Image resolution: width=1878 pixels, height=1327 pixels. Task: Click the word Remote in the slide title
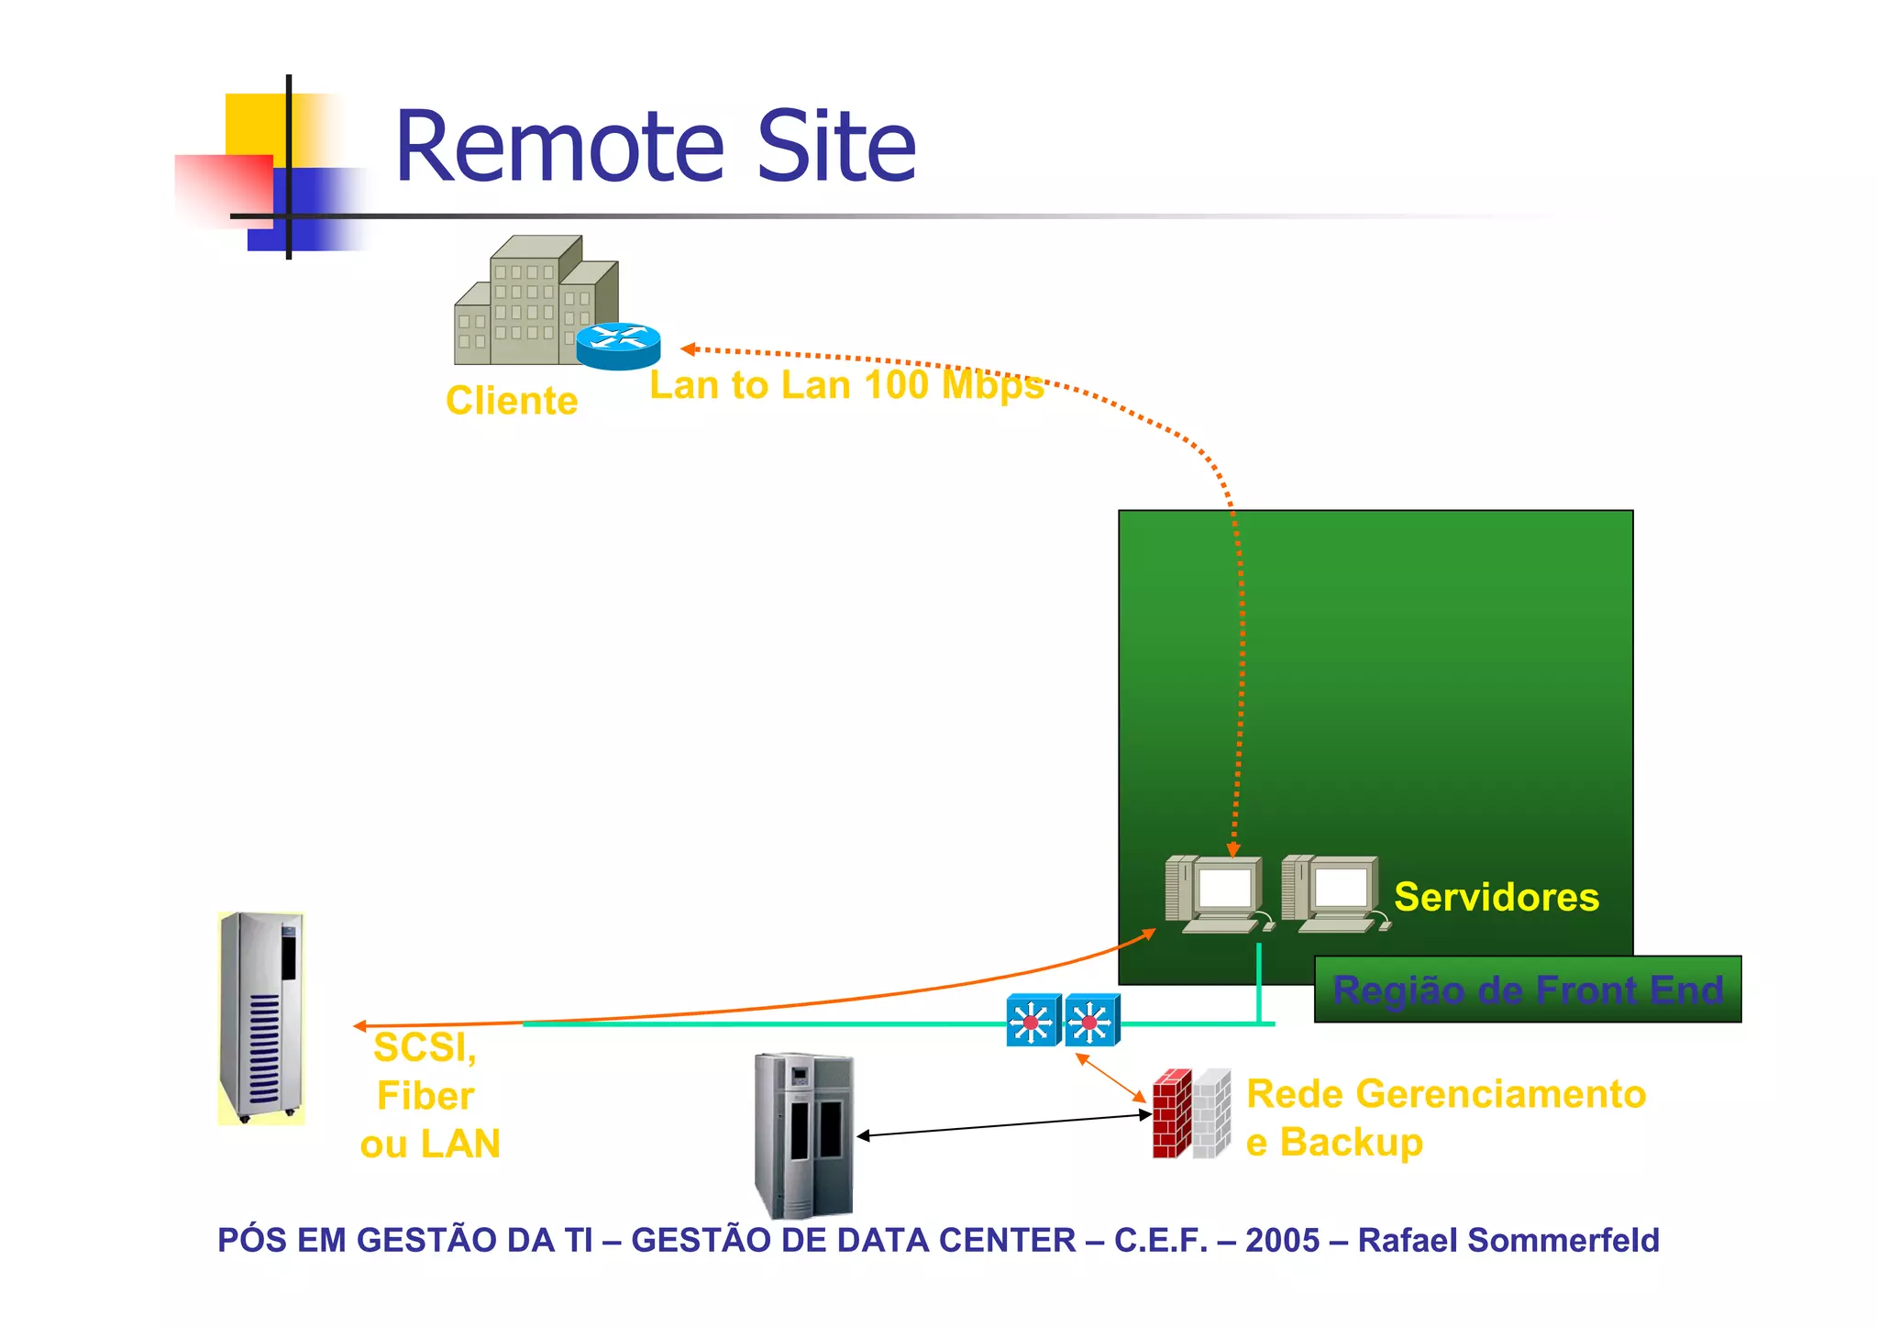(559, 147)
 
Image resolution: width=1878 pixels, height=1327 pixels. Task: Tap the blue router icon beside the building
(618, 346)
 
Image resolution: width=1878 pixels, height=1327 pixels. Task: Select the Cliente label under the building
(512, 401)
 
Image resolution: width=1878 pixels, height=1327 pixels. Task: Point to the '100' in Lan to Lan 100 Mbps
(896, 385)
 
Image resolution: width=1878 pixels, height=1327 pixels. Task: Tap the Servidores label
(1497, 897)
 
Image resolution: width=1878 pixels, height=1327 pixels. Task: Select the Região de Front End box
(1528, 990)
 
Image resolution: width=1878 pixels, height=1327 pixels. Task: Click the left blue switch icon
(1033, 1020)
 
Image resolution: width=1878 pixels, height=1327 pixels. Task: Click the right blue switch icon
(1091, 1020)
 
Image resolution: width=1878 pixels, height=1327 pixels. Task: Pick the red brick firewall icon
(1173, 1113)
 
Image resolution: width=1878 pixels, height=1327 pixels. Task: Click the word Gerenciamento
(1500, 1094)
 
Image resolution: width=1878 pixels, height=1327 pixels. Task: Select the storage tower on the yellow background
(261, 1018)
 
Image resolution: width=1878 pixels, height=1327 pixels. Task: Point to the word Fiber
(425, 1096)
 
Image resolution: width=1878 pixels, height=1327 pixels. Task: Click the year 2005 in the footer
(1282, 1240)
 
